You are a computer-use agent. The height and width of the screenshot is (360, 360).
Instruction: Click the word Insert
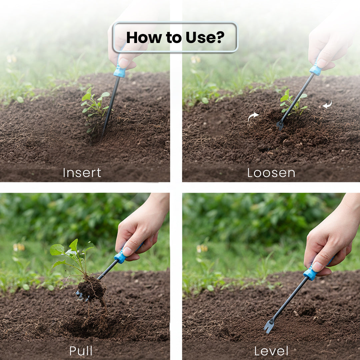click(x=82, y=173)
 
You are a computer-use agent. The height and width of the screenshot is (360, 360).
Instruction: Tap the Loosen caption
click(x=271, y=173)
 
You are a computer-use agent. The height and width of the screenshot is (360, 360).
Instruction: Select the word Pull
click(x=81, y=351)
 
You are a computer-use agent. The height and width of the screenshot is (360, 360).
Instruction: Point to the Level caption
click(x=271, y=351)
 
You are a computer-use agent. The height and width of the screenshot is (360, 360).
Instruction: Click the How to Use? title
click(x=175, y=37)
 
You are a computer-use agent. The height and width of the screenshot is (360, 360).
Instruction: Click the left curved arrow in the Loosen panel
click(x=253, y=116)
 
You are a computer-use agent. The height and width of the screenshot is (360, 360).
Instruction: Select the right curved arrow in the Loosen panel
click(x=327, y=104)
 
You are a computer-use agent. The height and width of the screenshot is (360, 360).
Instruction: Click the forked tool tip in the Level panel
click(x=269, y=326)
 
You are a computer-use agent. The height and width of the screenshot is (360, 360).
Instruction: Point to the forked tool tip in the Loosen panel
click(x=280, y=125)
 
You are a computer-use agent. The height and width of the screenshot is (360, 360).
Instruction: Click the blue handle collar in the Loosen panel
click(x=315, y=70)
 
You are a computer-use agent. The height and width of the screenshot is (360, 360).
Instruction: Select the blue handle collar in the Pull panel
click(x=120, y=257)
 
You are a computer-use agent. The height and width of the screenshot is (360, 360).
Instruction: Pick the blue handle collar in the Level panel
click(x=310, y=273)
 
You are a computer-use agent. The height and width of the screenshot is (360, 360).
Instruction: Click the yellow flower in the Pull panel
click(x=19, y=247)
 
